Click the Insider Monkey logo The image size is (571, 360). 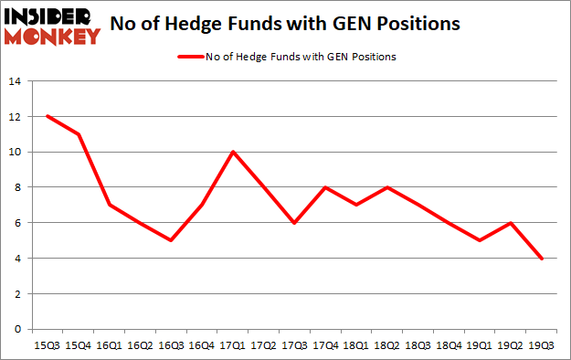click(52, 26)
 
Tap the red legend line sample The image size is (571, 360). click(188, 57)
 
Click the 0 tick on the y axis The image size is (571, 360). click(17, 329)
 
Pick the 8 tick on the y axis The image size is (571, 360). click(17, 187)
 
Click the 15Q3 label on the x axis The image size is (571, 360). click(47, 345)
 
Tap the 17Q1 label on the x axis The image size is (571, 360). click(234, 345)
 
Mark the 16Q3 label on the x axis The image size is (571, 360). click(172, 345)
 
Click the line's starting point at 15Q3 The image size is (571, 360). click(47, 116)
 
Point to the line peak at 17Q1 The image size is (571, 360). click(234, 152)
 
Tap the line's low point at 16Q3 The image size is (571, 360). click(172, 240)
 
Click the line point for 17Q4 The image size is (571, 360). click(327, 187)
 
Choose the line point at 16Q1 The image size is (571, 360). click(109, 205)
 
